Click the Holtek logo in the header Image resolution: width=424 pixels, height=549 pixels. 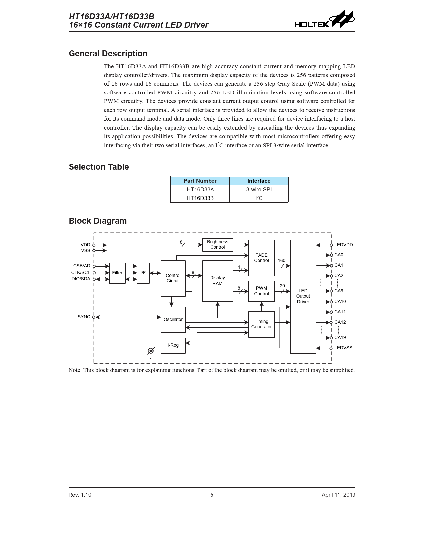(x=324, y=20)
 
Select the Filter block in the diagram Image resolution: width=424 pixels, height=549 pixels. (x=117, y=273)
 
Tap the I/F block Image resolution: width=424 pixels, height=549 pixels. (x=143, y=273)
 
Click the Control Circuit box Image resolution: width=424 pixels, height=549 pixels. (x=173, y=278)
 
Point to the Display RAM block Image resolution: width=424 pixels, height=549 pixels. (x=217, y=281)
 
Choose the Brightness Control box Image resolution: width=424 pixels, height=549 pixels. (x=217, y=245)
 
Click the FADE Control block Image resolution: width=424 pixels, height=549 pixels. (x=261, y=258)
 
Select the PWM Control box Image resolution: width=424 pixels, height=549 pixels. (x=261, y=291)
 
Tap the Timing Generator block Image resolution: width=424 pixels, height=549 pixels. (x=261, y=324)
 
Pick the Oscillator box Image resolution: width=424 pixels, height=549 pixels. (x=173, y=320)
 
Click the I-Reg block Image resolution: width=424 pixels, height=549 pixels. (x=173, y=345)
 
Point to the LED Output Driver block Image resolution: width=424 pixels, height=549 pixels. (x=303, y=296)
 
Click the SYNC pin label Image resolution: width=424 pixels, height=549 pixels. (x=84, y=317)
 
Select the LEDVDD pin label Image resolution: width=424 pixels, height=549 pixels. (x=343, y=245)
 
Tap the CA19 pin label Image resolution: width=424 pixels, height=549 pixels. (x=340, y=338)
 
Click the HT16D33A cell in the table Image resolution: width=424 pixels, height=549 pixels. (x=200, y=190)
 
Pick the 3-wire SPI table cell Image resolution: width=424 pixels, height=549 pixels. (x=259, y=190)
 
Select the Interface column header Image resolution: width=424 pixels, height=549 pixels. (x=259, y=181)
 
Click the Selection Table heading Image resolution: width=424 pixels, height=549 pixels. (x=99, y=167)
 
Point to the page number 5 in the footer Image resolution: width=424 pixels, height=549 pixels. (x=212, y=495)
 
